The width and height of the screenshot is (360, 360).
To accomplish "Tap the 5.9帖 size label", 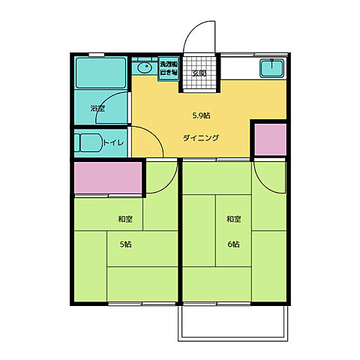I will point(200,115).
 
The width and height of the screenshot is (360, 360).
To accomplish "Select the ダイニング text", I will point(200,138).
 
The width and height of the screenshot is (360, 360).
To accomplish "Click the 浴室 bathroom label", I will point(97,109).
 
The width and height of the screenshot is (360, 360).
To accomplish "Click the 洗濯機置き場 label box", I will point(168,69).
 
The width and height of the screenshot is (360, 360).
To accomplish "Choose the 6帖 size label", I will point(233,244).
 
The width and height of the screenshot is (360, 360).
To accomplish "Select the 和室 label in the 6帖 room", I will point(233,220).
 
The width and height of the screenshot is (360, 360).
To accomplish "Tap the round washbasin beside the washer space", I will point(144,67).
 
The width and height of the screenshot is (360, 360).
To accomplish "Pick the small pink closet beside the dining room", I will point(269,139).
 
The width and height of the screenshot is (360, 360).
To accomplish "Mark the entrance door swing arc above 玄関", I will point(198,37).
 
